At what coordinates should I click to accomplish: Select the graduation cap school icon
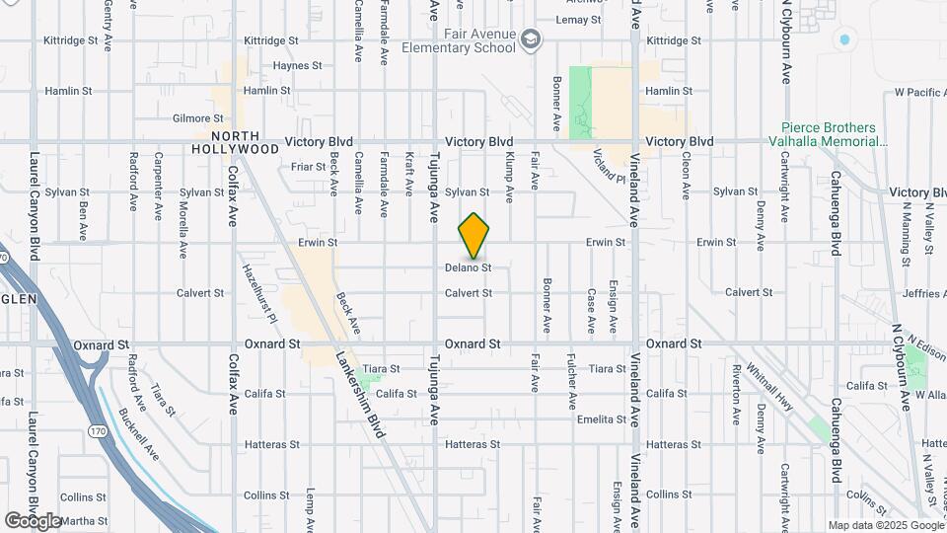click(532, 39)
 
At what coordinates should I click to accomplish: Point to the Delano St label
click(468, 267)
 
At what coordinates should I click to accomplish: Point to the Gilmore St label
click(191, 118)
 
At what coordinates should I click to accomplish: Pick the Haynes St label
click(297, 66)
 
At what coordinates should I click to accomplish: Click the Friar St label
click(308, 167)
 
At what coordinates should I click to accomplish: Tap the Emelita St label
click(603, 419)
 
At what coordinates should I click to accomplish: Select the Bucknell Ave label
click(138, 434)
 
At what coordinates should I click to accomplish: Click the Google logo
click(33, 520)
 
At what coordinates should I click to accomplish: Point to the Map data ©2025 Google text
click(886, 525)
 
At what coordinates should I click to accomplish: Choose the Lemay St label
click(579, 20)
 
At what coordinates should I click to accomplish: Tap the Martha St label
click(85, 520)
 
